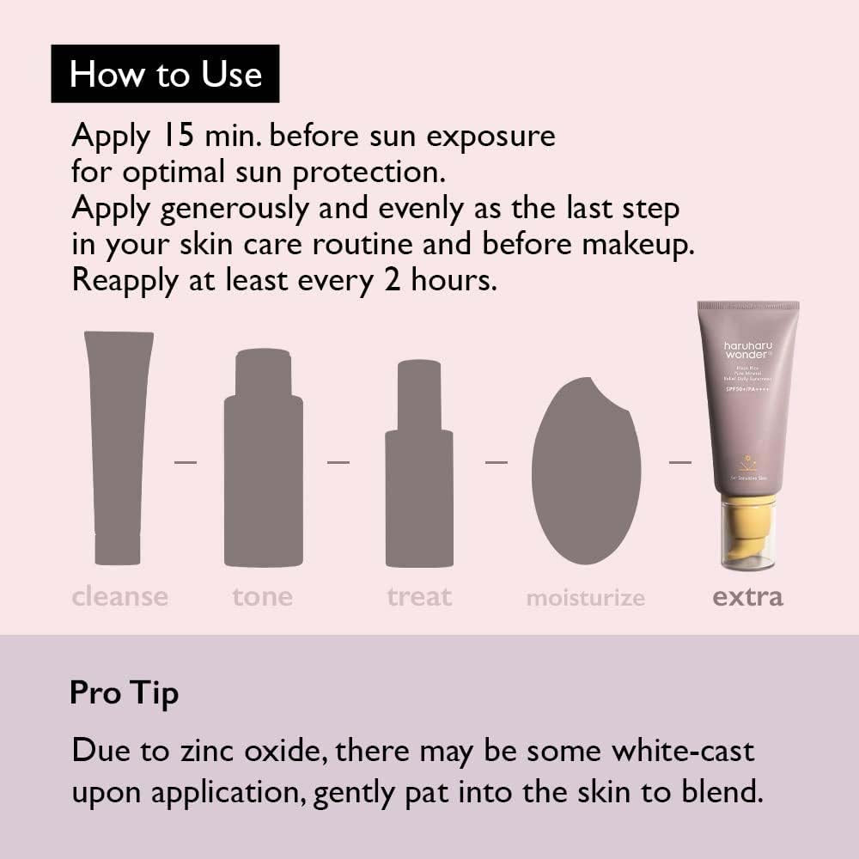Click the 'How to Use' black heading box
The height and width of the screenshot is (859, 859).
click(165, 74)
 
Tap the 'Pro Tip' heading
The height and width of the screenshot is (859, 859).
click(124, 693)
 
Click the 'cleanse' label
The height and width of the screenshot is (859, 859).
click(120, 596)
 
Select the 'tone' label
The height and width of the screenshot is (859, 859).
click(262, 596)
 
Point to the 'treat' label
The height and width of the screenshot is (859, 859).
click(419, 596)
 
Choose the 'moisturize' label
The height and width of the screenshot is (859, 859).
click(585, 598)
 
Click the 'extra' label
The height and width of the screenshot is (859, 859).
click(747, 596)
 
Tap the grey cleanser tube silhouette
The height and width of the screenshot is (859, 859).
click(118, 447)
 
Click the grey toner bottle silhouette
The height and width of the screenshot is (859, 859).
click(263, 464)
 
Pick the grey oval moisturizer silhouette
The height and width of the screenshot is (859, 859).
click(586, 472)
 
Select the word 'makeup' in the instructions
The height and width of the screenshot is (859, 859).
click(637, 244)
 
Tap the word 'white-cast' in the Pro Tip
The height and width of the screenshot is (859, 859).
click(682, 750)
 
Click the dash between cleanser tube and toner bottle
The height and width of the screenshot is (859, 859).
click(185, 462)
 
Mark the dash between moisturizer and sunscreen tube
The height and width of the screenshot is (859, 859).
click(680, 462)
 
